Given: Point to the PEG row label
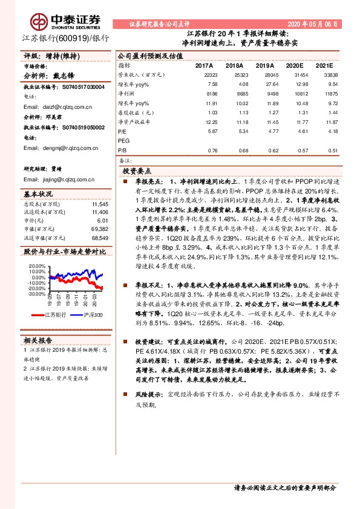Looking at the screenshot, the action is (x=123, y=140).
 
